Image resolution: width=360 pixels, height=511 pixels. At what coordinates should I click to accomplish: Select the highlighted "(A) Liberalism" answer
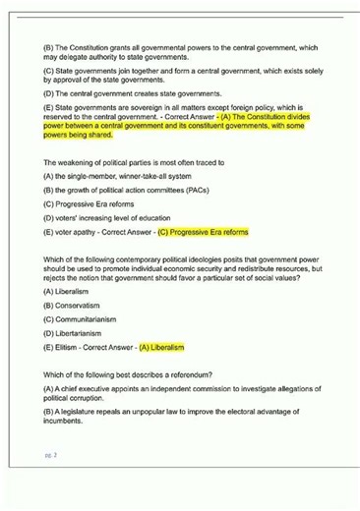162,346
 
